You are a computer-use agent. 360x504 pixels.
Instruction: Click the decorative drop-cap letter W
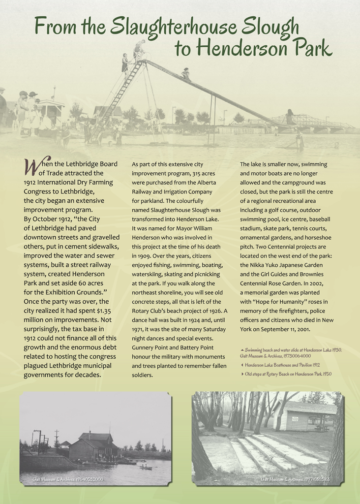pyautogui.click(x=30, y=167)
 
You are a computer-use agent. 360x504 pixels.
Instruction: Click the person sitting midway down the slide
pyautogui.click(x=185, y=74)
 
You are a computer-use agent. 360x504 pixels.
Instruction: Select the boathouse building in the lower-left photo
pyautogui.click(x=93, y=446)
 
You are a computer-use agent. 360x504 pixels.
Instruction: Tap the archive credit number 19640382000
pyautogui.click(x=86, y=478)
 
